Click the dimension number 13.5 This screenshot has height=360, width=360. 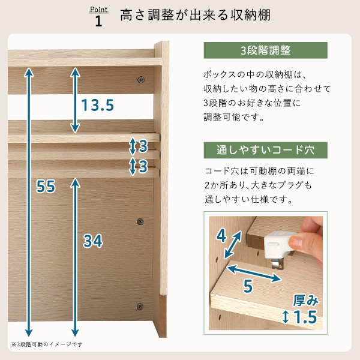[98, 105]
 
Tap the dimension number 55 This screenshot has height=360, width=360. [46, 186]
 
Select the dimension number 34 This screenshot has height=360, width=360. [93, 241]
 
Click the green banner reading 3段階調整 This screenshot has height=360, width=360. [265, 50]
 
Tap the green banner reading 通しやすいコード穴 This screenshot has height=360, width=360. [265, 150]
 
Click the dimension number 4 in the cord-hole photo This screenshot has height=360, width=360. [221, 236]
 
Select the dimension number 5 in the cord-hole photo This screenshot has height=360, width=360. [248, 286]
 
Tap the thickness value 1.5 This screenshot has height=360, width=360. [305, 317]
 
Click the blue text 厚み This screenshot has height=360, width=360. [306, 300]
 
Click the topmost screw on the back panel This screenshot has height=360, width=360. [141, 80]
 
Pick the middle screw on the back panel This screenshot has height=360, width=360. [140, 221]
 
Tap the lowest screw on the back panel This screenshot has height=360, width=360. [140, 307]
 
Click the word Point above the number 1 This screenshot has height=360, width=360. [99, 10]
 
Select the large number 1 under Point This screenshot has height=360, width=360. [98, 21]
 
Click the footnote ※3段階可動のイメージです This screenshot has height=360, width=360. [47, 344]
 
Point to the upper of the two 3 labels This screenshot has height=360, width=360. [143, 146]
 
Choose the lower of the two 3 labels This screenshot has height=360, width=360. [143, 166]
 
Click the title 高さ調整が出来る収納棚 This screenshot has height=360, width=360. [196, 15]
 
